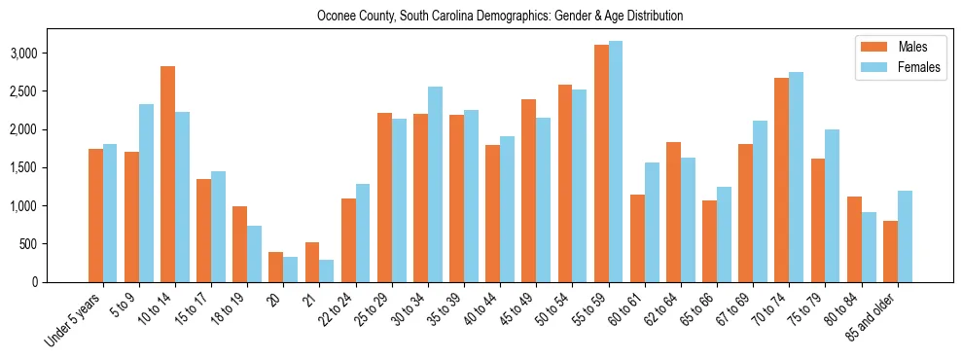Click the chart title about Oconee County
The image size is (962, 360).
point(500,17)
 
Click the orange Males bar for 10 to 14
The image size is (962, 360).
point(167,175)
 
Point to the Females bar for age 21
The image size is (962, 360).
point(326,271)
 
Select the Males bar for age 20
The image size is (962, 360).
point(275,268)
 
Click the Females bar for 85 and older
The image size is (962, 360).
point(905,236)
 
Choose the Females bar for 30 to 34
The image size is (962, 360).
point(435,185)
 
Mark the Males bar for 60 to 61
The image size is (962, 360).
point(637,238)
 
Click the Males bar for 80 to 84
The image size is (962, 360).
point(854,239)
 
